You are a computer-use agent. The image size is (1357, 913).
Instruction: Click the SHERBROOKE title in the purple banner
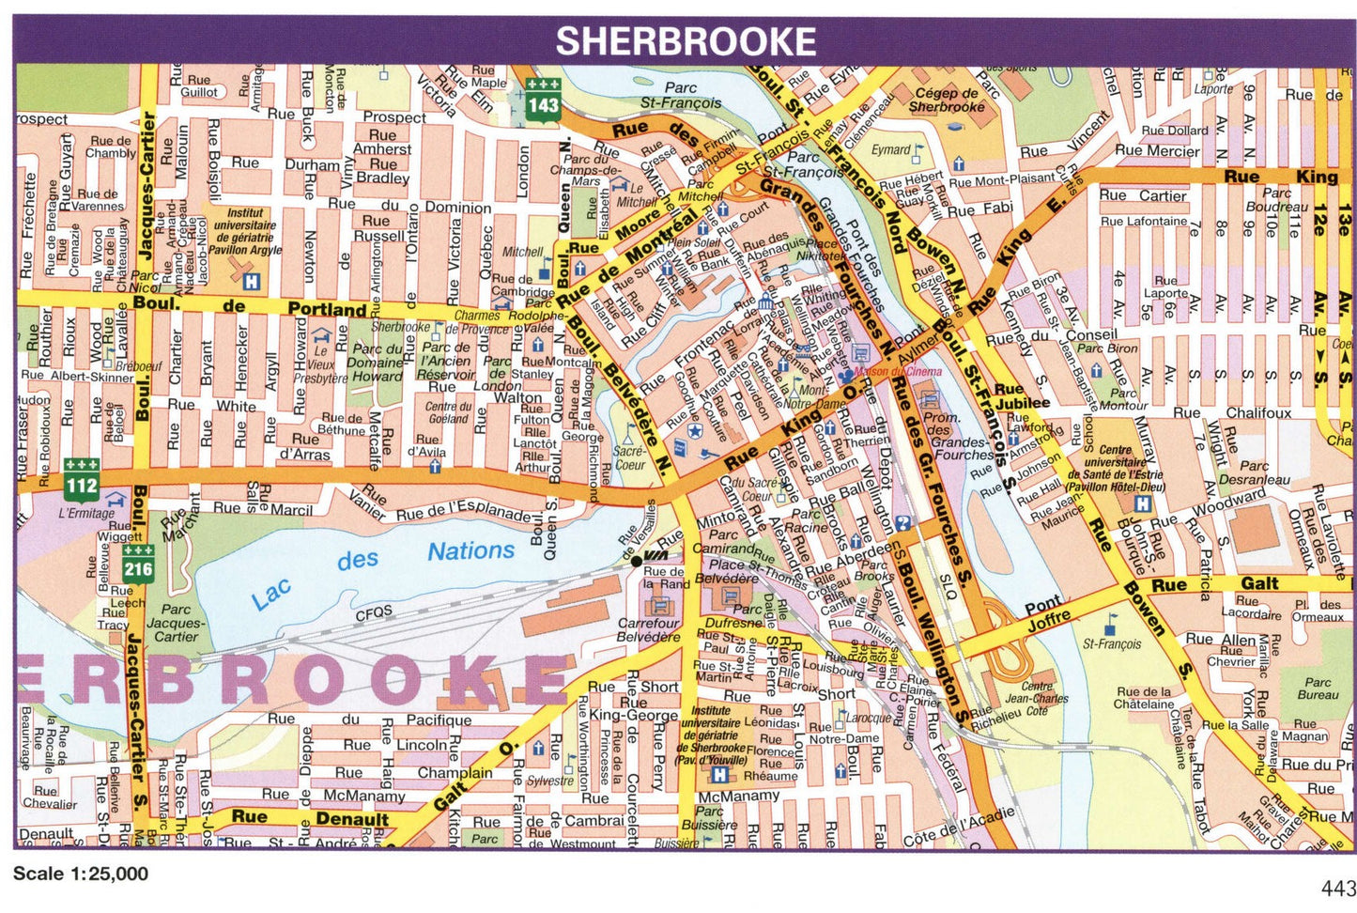(x=686, y=41)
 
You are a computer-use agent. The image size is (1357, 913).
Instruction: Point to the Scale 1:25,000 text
(x=81, y=874)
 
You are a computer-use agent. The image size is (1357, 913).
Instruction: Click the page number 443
(x=1337, y=889)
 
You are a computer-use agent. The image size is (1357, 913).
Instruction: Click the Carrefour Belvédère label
(x=648, y=630)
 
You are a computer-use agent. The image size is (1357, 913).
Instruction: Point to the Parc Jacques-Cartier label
(x=175, y=623)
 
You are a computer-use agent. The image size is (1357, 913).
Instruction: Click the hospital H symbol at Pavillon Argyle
(x=250, y=281)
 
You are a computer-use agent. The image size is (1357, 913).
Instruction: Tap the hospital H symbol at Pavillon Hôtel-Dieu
(x=1142, y=503)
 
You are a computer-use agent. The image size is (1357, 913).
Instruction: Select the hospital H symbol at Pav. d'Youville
(x=719, y=775)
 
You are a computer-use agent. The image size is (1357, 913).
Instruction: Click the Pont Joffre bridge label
(x=1046, y=611)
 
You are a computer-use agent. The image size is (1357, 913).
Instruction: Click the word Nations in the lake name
(x=470, y=550)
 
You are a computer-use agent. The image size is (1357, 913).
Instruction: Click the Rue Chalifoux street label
(x=1231, y=412)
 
